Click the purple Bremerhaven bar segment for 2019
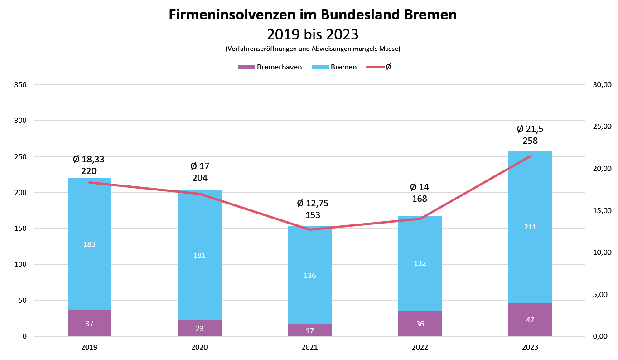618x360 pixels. pyautogui.click(x=89, y=323)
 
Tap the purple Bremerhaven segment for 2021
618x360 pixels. pyautogui.click(x=309, y=330)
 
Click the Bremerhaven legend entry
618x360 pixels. pyautogui.click(x=270, y=67)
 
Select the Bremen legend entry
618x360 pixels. pyautogui.click(x=334, y=67)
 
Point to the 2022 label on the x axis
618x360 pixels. pyautogui.click(x=420, y=347)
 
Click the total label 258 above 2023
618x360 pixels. pyautogui.click(x=530, y=141)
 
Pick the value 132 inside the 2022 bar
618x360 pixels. pyautogui.click(x=420, y=263)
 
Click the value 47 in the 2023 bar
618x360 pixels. pyautogui.click(x=530, y=320)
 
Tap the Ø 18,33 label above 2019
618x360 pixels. pyautogui.click(x=89, y=159)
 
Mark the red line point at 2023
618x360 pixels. pyautogui.click(x=530, y=156)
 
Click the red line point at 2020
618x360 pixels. pyautogui.click(x=199, y=194)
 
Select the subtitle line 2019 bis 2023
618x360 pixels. pyautogui.click(x=313, y=34)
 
